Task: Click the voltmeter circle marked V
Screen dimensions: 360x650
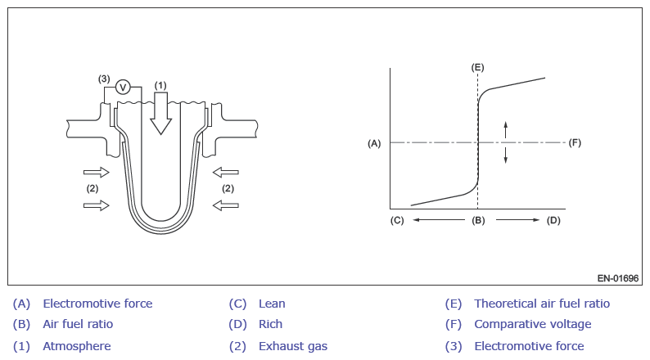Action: pyautogui.click(x=123, y=87)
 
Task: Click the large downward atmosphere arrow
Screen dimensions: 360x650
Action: pyautogui.click(x=160, y=112)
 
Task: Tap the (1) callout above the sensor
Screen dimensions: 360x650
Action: pyautogui.click(x=160, y=84)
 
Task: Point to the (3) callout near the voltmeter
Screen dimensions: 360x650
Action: pyautogui.click(x=104, y=79)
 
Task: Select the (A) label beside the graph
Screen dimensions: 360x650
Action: pyautogui.click(x=374, y=143)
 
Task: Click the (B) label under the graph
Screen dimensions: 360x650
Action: pyautogui.click(x=478, y=220)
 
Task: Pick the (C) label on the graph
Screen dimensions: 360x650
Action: pyautogui.click(x=397, y=220)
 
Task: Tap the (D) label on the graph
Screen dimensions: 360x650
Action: pyautogui.click(x=553, y=220)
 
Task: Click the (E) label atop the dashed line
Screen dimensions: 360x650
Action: pyautogui.click(x=478, y=66)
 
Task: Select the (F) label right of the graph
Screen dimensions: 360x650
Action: pyautogui.click(x=575, y=142)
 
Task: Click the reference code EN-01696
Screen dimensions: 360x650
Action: pyautogui.click(x=617, y=278)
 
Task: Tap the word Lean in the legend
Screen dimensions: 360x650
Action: pyautogui.click(x=272, y=304)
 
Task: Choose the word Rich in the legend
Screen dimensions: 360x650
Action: pyautogui.click(x=270, y=325)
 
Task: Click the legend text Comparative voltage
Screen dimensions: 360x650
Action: pyautogui.click(x=532, y=325)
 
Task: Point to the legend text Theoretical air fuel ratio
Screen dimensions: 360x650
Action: pyautogui.click(x=542, y=304)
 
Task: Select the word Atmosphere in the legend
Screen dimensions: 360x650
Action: pyautogui.click(x=77, y=346)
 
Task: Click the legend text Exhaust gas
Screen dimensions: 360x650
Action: pyautogui.click(x=292, y=346)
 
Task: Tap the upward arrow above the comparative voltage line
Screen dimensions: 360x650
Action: pyautogui.click(x=506, y=128)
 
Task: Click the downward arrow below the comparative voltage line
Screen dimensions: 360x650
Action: pyautogui.click(x=506, y=155)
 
